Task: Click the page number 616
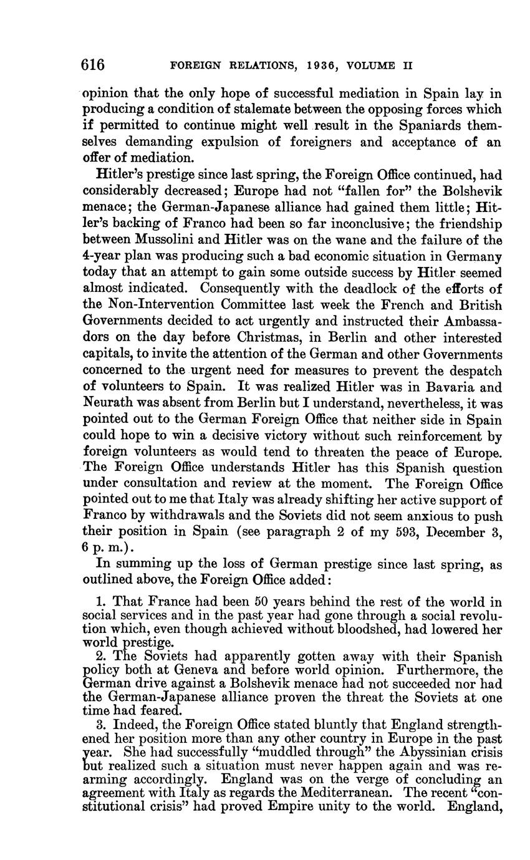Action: coord(93,65)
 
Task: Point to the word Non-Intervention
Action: coord(155,306)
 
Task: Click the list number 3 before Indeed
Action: coord(100,725)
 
